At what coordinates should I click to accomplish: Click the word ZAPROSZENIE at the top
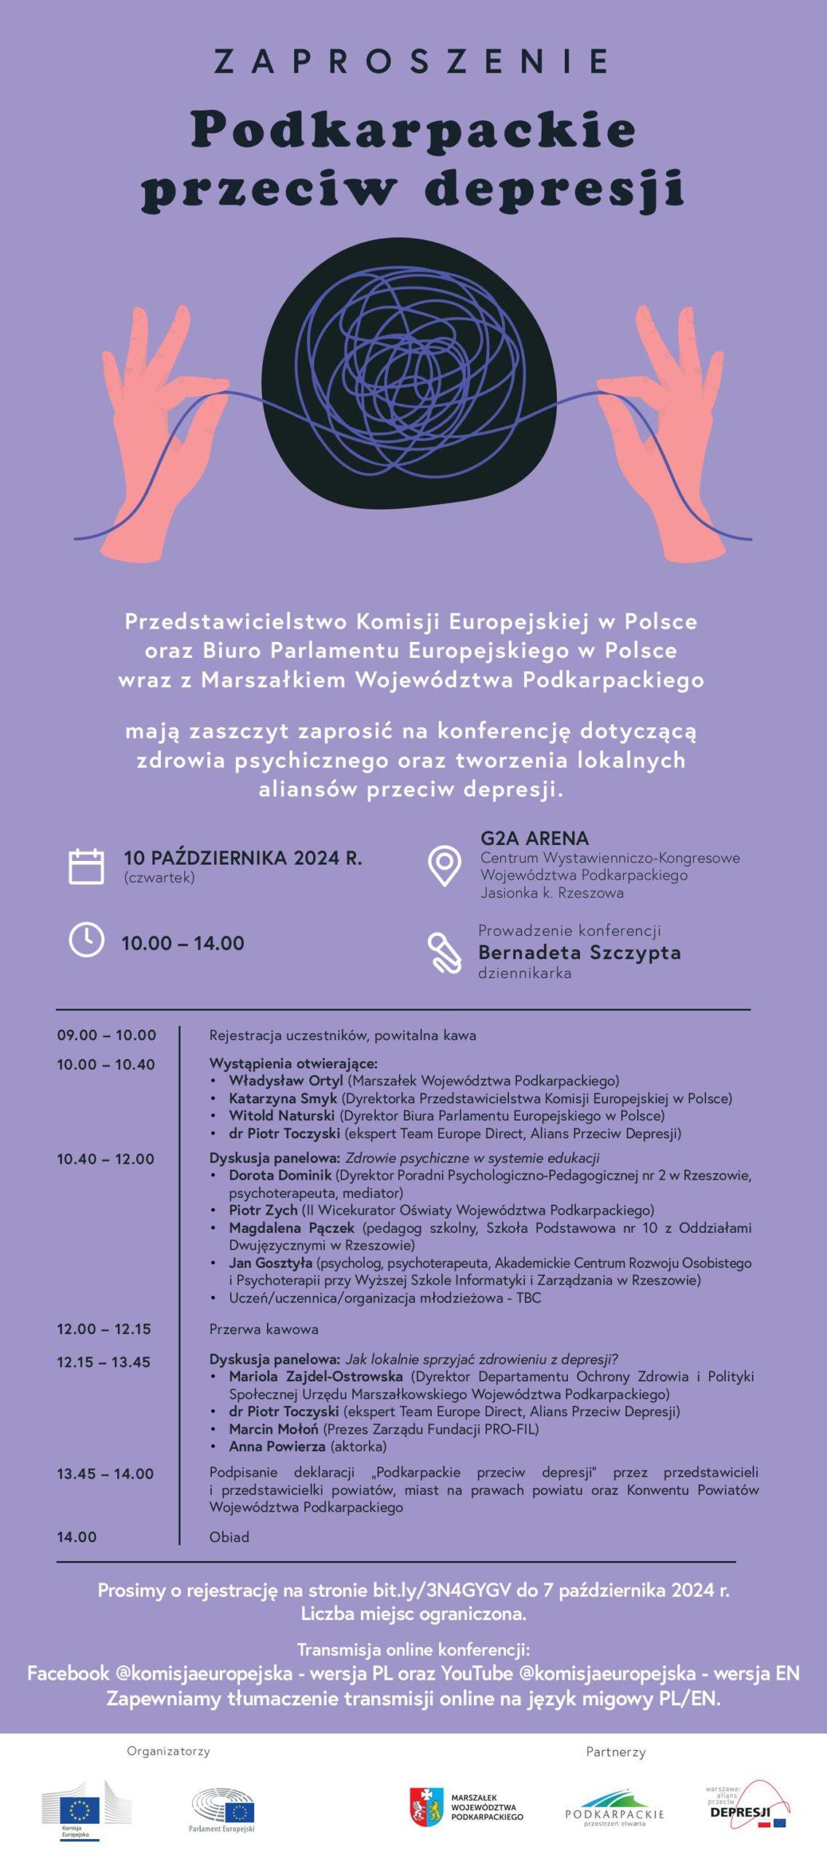tap(412, 61)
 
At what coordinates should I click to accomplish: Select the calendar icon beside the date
tap(86, 866)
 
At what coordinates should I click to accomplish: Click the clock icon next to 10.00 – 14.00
tap(86, 940)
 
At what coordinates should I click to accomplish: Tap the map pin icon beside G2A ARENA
tap(444, 865)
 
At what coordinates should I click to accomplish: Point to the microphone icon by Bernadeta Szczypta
tap(444, 952)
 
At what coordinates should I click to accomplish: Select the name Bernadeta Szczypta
tap(579, 952)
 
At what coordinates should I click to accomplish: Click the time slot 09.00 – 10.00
tap(106, 1035)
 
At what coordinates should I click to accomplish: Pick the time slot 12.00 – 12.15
tap(104, 1329)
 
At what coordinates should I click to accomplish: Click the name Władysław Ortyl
tap(285, 1081)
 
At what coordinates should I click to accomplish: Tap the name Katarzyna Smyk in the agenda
tap(282, 1098)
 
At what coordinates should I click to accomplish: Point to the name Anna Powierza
tap(277, 1446)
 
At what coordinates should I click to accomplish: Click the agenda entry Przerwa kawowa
tap(264, 1329)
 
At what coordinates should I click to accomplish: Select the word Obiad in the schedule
tap(229, 1537)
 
